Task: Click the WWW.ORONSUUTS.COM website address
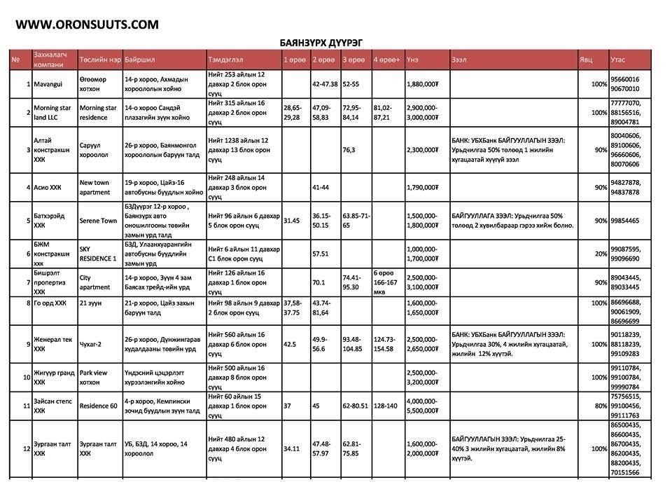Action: click(x=87, y=25)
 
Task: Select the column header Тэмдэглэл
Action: click(x=225, y=60)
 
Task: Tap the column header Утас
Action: click(x=618, y=60)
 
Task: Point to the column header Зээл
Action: click(x=460, y=60)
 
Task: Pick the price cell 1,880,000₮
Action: click(x=422, y=84)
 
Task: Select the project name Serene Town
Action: click(x=98, y=221)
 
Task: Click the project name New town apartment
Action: click(x=95, y=187)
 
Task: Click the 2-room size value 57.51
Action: click(x=321, y=254)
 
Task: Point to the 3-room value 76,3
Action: click(x=349, y=149)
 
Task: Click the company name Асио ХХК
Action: click(x=48, y=187)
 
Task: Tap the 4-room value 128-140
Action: click(x=384, y=406)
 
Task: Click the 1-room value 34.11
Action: click(x=291, y=448)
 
